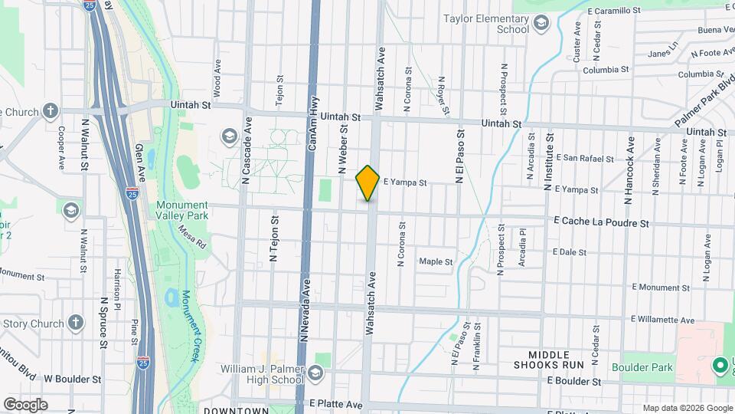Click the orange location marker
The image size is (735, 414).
click(368, 182)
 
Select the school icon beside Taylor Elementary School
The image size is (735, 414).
click(542, 25)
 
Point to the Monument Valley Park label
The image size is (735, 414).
click(181, 211)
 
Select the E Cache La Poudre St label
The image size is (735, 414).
click(602, 223)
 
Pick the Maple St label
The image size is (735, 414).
click(436, 261)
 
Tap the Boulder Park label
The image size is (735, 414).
click(647, 367)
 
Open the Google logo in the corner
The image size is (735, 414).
click(25, 404)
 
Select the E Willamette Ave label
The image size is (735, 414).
click(663, 319)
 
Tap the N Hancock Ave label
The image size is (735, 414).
click(629, 170)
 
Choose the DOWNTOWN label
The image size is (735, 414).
click(236, 410)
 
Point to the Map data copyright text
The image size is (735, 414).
click(687, 407)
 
